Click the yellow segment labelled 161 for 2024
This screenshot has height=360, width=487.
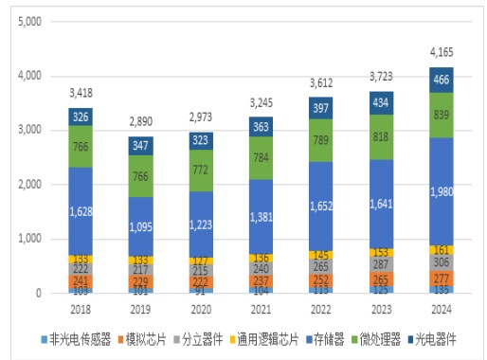click(441, 250)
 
